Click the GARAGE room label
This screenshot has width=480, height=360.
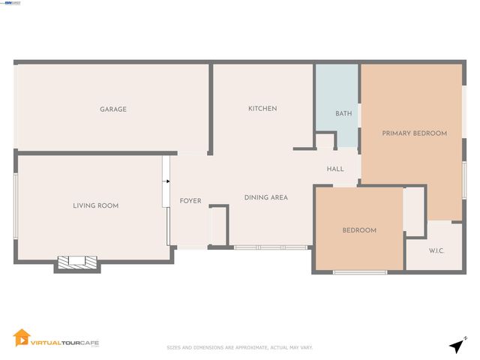click(113, 109)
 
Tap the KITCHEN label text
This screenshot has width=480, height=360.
click(262, 109)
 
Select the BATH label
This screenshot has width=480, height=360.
click(343, 114)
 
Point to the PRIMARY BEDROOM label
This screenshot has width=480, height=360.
click(414, 133)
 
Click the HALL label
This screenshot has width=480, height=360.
click(335, 169)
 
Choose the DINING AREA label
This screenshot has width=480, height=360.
click(266, 198)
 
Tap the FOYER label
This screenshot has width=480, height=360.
click(190, 201)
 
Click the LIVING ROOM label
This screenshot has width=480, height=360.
click(95, 205)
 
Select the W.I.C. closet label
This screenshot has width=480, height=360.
click(436, 250)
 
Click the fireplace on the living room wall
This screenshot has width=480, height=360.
click(78, 262)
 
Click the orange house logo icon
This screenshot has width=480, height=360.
click(22, 339)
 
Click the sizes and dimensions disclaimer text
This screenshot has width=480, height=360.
click(239, 347)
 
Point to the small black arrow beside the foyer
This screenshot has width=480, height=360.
click(166, 181)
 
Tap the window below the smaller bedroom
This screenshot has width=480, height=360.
click(360, 271)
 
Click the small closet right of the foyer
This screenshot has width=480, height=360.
click(218, 225)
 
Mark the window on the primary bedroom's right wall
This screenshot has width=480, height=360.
click(464, 180)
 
